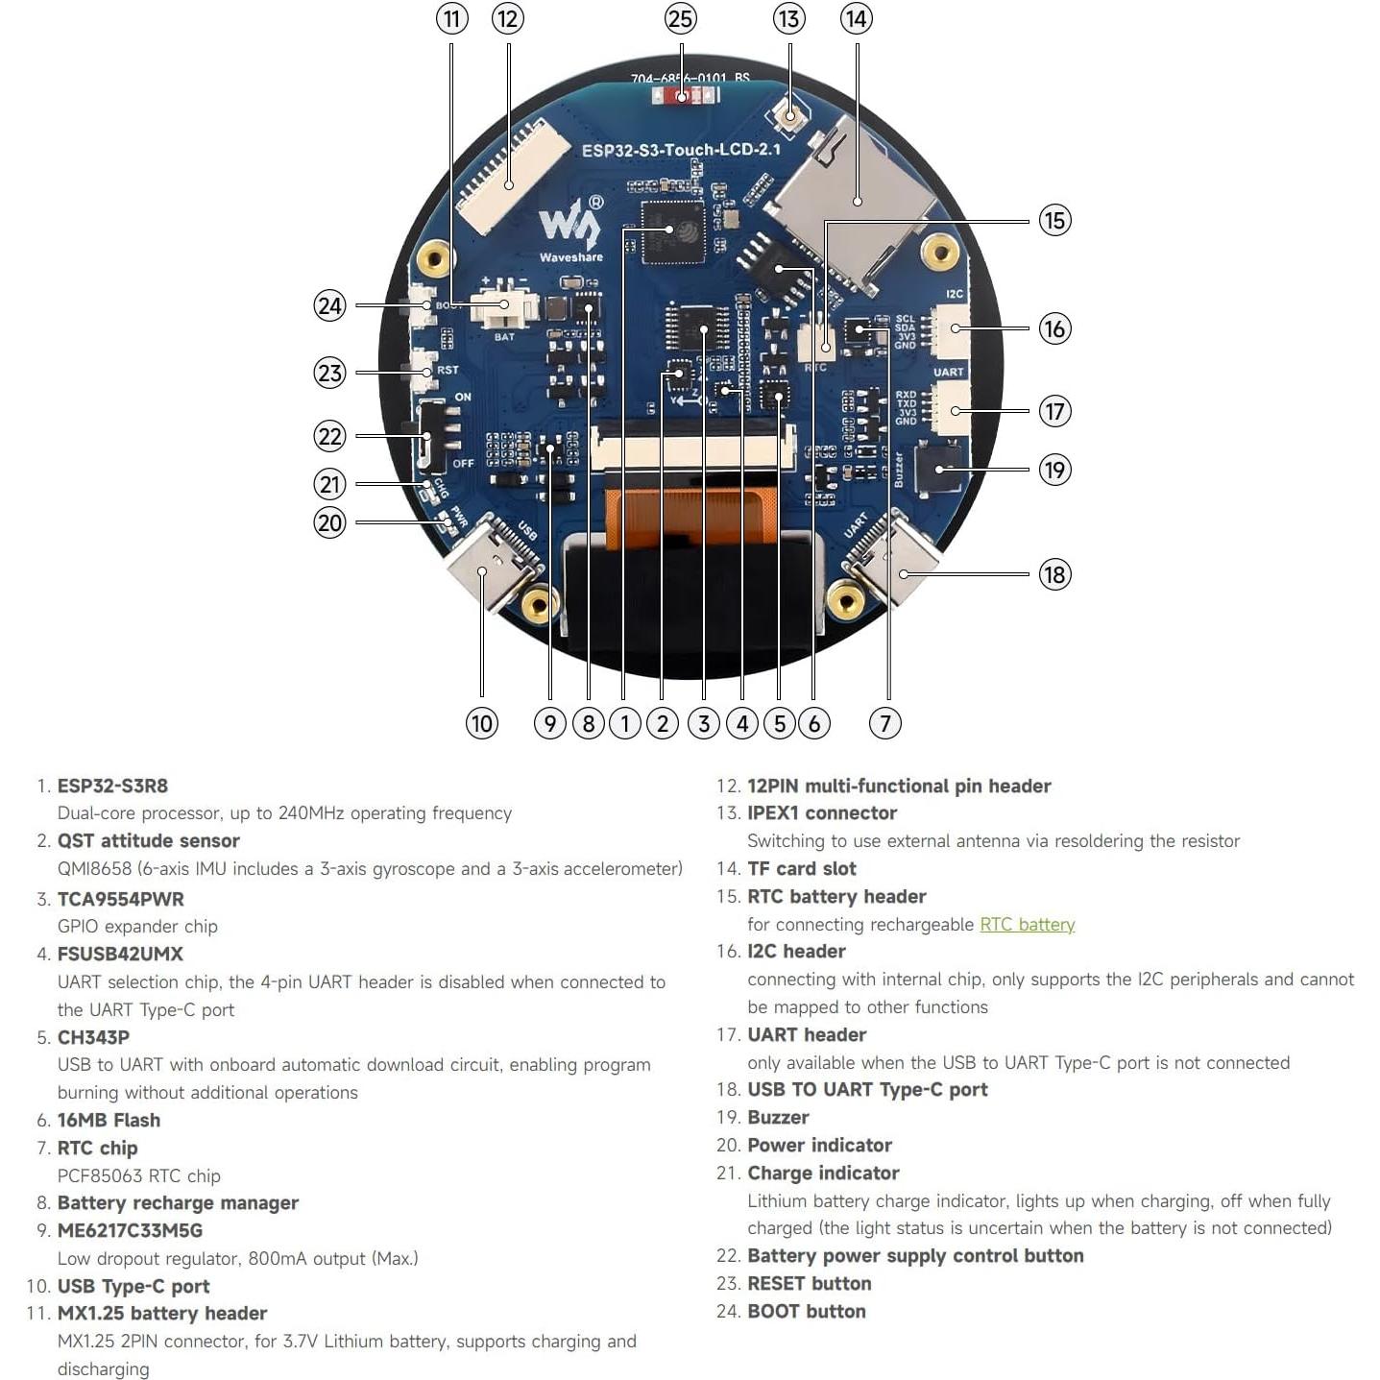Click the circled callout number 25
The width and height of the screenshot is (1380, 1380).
click(680, 19)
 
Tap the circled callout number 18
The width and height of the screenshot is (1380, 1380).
click(1054, 574)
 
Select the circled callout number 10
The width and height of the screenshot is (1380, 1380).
click(481, 723)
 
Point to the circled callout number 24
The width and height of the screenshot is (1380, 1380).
click(329, 305)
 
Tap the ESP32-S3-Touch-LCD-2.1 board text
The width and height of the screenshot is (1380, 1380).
click(681, 150)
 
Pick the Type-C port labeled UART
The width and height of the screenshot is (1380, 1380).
click(894, 561)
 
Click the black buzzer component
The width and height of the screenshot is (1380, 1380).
click(938, 468)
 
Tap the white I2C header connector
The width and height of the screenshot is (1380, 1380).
click(951, 329)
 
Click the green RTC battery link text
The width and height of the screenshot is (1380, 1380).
click(1027, 924)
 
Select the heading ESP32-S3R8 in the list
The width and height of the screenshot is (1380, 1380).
click(112, 786)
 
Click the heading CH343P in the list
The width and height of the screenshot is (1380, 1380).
click(93, 1037)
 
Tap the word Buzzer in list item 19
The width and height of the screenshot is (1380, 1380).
click(778, 1117)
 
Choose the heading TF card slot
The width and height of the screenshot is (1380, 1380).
click(801, 868)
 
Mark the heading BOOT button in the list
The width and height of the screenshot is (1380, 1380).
click(806, 1311)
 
